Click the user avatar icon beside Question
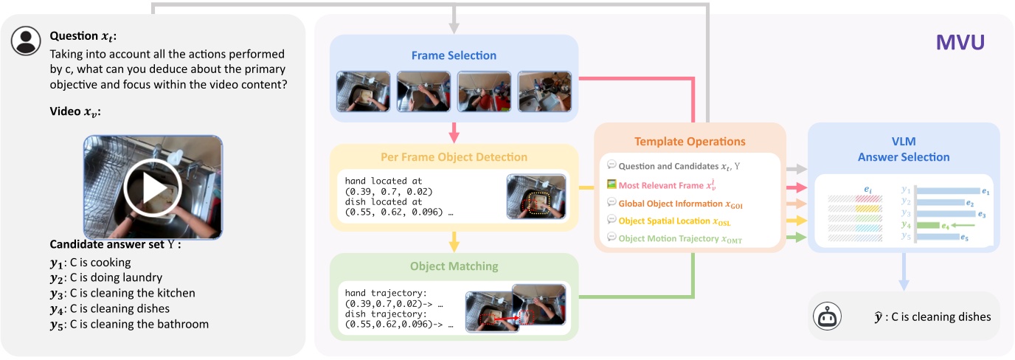(x=26, y=41)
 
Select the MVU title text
(x=960, y=43)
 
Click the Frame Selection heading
(x=454, y=55)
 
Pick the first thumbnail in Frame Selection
(x=363, y=91)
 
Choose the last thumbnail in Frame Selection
(x=544, y=91)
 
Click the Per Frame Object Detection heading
(x=454, y=157)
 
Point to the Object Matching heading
(x=454, y=266)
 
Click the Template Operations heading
(x=690, y=141)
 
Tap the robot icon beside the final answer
(x=828, y=316)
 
